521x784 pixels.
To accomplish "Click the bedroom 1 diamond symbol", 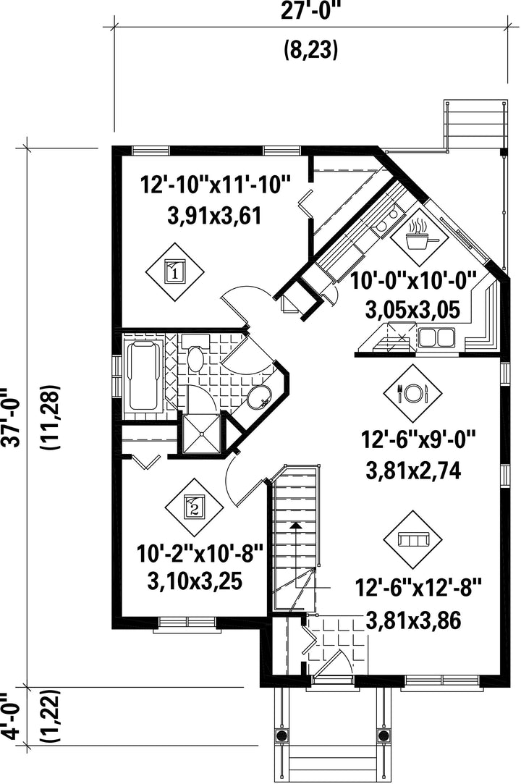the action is [175, 272].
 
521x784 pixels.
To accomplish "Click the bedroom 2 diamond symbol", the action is [195, 507].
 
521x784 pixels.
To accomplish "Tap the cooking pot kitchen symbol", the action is [419, 237].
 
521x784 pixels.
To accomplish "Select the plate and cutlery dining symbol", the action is [412, 393].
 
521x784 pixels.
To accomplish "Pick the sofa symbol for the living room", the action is [412, 539].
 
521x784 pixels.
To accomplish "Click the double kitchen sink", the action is [436, 337].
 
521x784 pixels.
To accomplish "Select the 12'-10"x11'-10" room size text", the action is [216, 185].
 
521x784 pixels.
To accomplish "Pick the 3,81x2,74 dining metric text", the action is [413, 471].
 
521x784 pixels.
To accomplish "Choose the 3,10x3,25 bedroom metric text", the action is [195, 581].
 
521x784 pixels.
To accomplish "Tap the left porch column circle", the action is [281, 735].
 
